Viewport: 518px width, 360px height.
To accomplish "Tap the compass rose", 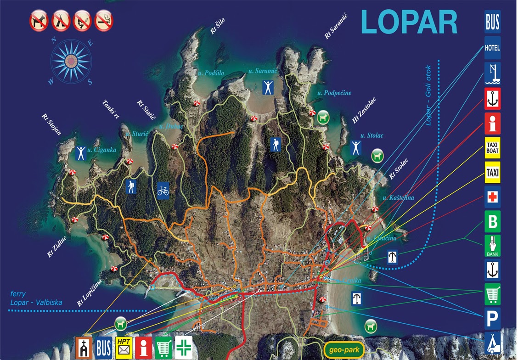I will pyautogui.click(x=71, y=61).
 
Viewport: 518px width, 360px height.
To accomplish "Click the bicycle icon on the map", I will pyautogui.click(x=163, y=189).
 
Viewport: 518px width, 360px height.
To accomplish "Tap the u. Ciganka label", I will pyautogui.click(x=101, y=150).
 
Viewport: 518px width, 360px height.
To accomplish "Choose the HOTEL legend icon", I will pyautogui.click(x=492, y=47).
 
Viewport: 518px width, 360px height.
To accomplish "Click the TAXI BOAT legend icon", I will pyautogui.click(x=492, y=148).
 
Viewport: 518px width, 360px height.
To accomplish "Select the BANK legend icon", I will pyautogui.click(x=492, y=246).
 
